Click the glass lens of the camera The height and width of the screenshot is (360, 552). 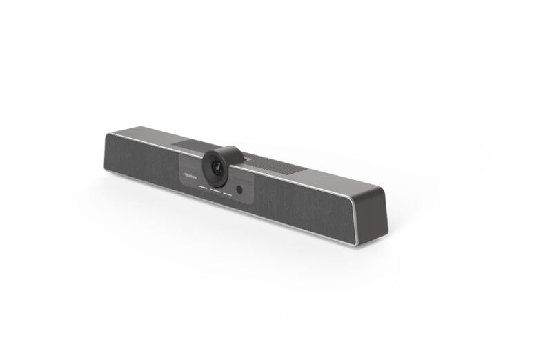coord(216,167)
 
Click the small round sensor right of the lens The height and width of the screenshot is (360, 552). coord(239,189)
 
